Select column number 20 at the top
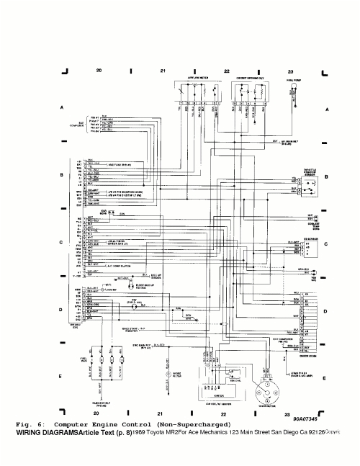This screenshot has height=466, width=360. pyautogui.click(x=99, y=71)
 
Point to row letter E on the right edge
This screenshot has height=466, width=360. pyautogui.click(x=327, y=377)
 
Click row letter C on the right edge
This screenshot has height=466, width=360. pyautogui.click(x=327, y=244)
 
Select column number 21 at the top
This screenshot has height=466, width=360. pyautogui.click(x=163, y=71)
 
